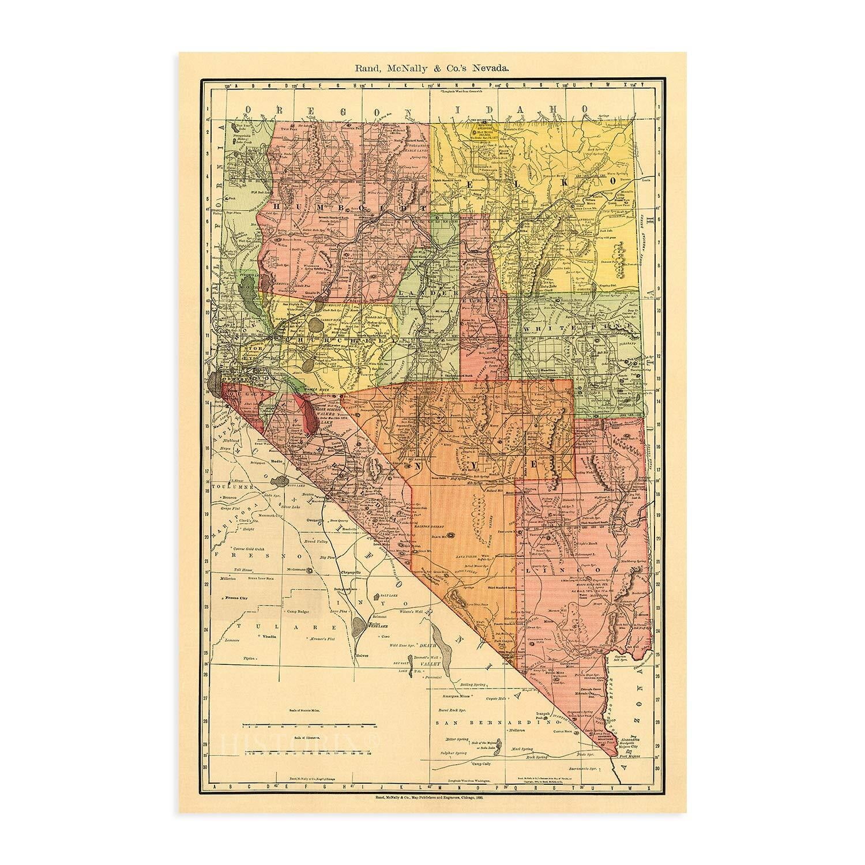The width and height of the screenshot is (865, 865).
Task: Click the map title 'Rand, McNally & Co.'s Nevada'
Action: click(432, 67)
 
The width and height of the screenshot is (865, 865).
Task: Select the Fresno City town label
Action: click(236, 599)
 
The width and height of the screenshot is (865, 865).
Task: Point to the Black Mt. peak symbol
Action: click(452, 535)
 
